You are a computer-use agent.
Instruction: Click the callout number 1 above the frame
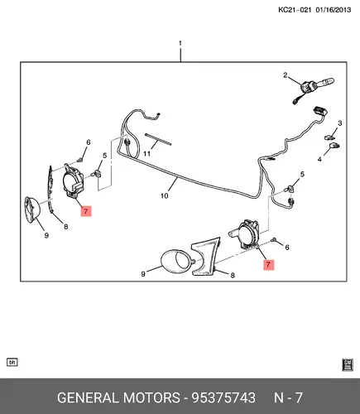pyautogui.click(x=180, y=43)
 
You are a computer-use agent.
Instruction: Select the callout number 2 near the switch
pyautogui.click(x=286, y=75)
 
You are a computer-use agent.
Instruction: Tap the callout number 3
pyautogui.click(x=340, y=123)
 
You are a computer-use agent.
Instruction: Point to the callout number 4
pyautogui.click(x=319, y=159)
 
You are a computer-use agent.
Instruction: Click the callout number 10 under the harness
pyautogui.click(x=164, y=195)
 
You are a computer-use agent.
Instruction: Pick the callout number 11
pyautogui.click(x=147, y=153)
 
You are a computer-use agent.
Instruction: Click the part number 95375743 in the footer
pyautogui.click(x=223, y=397)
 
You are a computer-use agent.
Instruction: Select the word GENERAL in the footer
pyautogui.click(x=88, y=397)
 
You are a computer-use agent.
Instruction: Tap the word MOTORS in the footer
pyautogui.click(x=151, y=397)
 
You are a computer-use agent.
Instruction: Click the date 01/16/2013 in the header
pyautogui.click(x=334, y=10)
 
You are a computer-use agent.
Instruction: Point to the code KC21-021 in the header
pyautogui.click(x=295, y=10)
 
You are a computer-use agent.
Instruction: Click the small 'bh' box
pyautogui.click(x=12, y=362)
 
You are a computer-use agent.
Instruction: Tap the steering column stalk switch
pyautogui.click(x=317, y=85)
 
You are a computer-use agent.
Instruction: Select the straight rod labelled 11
pyautogui.click(x=158, y=139)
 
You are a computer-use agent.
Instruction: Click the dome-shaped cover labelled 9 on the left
pyautogui.click(x=32, y=209)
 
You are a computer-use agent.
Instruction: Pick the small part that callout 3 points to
pyautogui.click(x=329, y=137)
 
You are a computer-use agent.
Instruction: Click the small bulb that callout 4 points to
pyautogui.click(x=334, y=146)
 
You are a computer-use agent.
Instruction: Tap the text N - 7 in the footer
pyautogui.click(x=288, y=397)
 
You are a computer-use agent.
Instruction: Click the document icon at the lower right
pyautogui.click(x=348, y=364)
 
